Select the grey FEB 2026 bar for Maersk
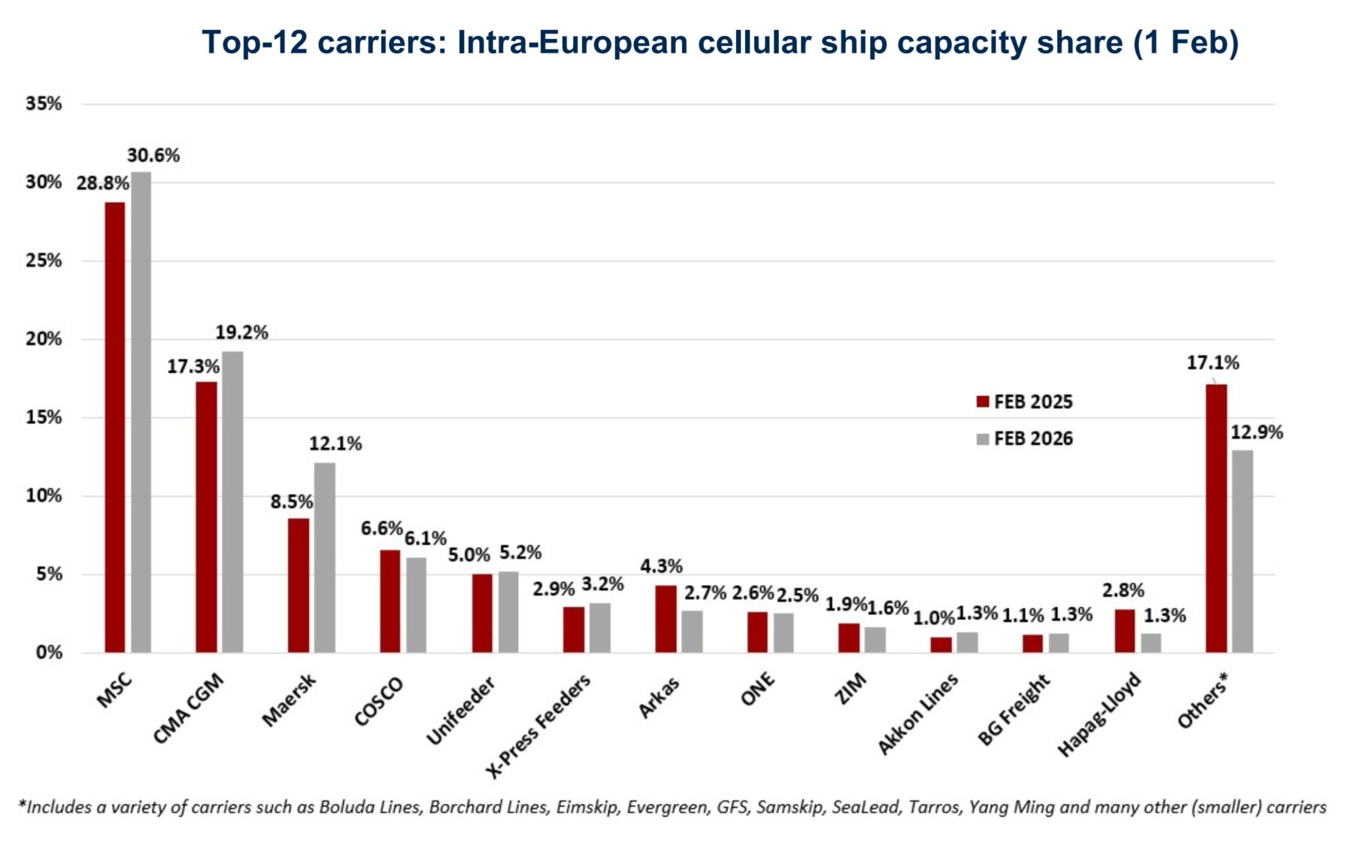point(325,557)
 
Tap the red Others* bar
point(1216,518)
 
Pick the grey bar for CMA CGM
point(232,502)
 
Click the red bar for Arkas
point(665,618)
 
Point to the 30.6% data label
point(153,156)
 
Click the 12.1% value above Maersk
point(335,444)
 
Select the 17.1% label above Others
point(1212,363)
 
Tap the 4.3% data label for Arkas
point(661,566)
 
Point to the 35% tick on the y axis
point(44,104)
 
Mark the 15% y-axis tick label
point(44,417)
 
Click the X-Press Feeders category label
point(538,726)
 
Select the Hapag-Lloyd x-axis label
point(1099,714)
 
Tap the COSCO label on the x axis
point(379,701)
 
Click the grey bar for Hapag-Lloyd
point(1150,643)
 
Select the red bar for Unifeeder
point(482,613)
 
